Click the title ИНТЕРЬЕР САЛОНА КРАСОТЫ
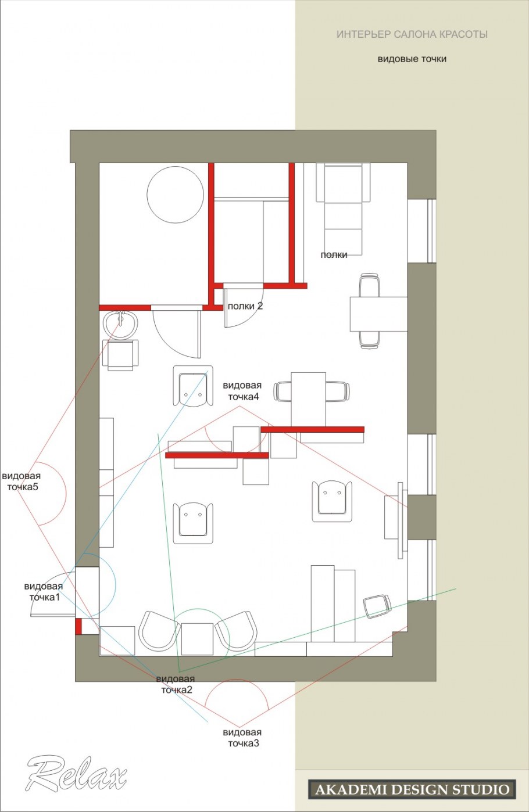(x=412, y=34)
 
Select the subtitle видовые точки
(x=412, y=59)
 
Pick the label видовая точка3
(x=242, y=738)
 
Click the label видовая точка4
(x=242, y=391)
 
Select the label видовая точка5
(x=22, y=482)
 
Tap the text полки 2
(x=245, y=306)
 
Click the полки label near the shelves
(x=334, y=255)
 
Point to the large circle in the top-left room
(x=175, y=195)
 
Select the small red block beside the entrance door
(x=78, y=626)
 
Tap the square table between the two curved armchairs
(x=197, y=639)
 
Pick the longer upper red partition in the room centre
(x=312, y=430)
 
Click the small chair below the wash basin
(x=120, y=355)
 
